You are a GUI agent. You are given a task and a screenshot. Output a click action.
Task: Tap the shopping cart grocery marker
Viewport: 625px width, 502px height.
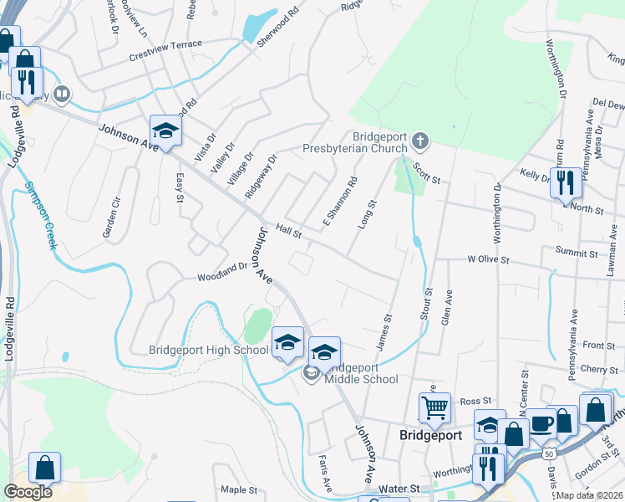[x=434, y=408]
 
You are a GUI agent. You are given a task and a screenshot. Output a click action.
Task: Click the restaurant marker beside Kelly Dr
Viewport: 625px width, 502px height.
[x=566, y=182]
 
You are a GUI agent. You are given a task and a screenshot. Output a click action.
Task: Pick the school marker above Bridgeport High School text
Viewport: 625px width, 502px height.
[x=287, y=342]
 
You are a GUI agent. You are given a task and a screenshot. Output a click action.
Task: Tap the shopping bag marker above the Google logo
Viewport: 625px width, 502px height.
[x=44, y=468]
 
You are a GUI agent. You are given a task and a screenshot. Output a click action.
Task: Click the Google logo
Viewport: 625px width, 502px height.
[x=28, y=492]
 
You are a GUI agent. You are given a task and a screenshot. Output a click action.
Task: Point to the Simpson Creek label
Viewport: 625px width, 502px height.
[x=40, y=215]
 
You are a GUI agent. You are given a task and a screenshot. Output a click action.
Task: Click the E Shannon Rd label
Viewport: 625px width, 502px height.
[x=340, y=202]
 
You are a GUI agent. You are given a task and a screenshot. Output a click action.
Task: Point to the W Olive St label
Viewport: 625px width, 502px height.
[x=488, y=259]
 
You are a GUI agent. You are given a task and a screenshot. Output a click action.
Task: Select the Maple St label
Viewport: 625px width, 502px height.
[x=238, y=489]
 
